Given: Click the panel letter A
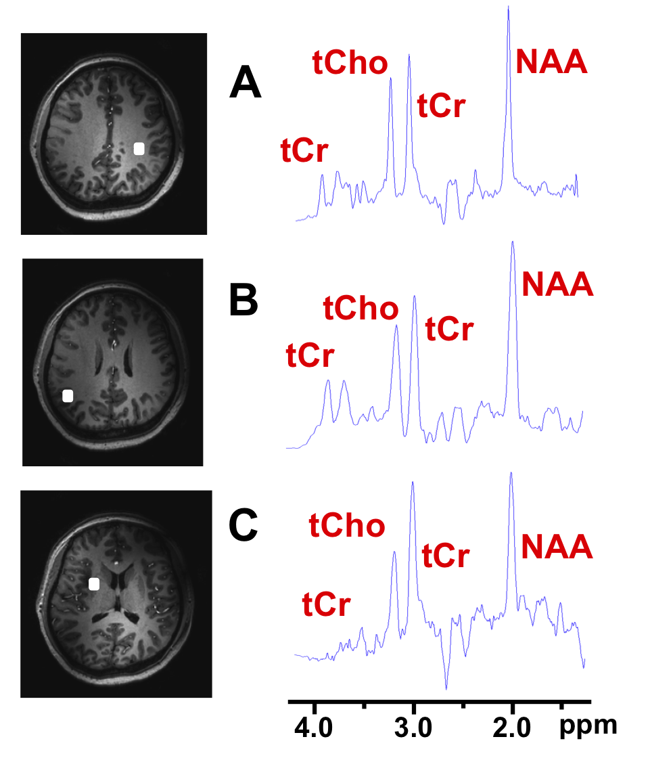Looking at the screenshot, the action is pos(246,84).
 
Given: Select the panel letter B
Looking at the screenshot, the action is pos(243,302).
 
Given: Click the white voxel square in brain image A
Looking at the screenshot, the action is pos(139,149).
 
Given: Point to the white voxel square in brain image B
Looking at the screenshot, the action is pos(68,396).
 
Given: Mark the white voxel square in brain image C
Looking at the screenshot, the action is pos(94,583).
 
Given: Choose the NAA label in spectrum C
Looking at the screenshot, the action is pos(557,546).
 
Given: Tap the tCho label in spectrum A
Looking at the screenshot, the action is pos(350,63).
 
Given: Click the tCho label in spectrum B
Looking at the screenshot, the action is pos(361,309).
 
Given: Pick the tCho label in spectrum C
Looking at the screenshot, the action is pos(347,526).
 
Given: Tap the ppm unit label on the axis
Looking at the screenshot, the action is pos(588,726).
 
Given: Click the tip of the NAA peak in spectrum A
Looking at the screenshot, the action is pos(508,7).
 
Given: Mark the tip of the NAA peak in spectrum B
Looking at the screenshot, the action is pos(513,242).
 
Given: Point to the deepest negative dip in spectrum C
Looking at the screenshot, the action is pos(446,688).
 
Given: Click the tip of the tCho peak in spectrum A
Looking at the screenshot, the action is pos(390,79).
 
